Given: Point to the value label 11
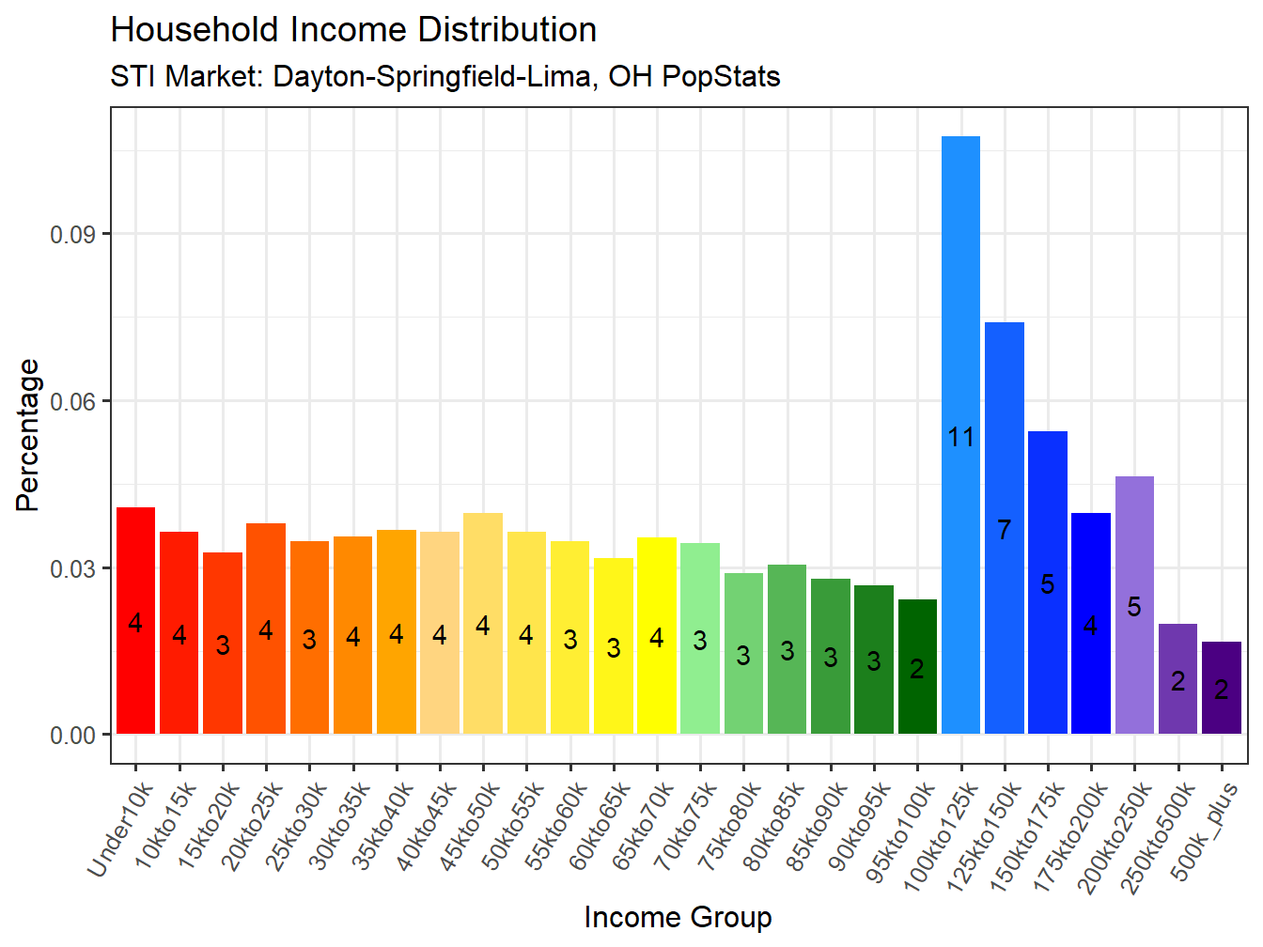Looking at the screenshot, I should [x=960, y=437].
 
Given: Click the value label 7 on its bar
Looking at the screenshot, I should [x=1004, y=530].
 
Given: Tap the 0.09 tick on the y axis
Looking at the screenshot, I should [x=73, y=234].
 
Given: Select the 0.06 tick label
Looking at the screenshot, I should [x=73, y=401].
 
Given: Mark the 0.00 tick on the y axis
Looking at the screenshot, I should [x=73, y=735].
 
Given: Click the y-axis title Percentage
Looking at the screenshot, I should [x=28, y=435].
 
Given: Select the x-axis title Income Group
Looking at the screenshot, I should [x=678, y=917].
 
